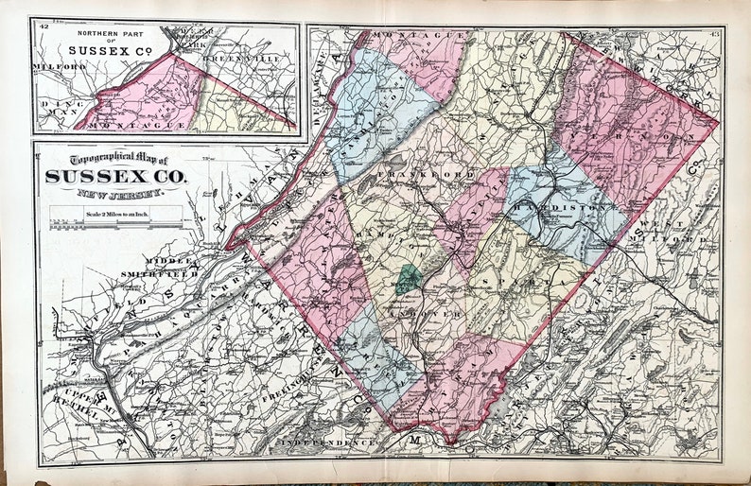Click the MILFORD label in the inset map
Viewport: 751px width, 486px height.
point(53,68)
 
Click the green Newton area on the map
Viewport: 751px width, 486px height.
point(408,279)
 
